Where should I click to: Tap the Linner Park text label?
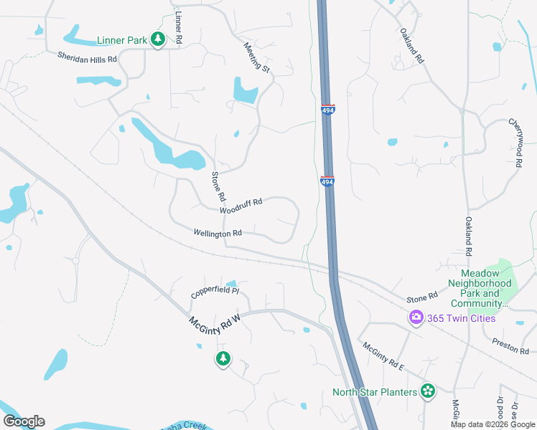pos(122,41)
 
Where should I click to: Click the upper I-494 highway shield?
pos(327,108)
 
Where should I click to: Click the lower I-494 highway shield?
pos(327,181)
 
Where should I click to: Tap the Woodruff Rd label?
pos(241,206)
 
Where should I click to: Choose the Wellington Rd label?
pos(218,233)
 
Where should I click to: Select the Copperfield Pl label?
pos(215,293)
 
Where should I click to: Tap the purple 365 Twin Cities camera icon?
pos(416,317)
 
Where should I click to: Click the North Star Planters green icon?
pos(428,391)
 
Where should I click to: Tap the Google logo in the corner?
pos(24,421)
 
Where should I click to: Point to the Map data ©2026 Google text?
pos(492,424)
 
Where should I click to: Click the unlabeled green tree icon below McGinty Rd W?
pos(223,358)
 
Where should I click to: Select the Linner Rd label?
pos(179,27)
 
